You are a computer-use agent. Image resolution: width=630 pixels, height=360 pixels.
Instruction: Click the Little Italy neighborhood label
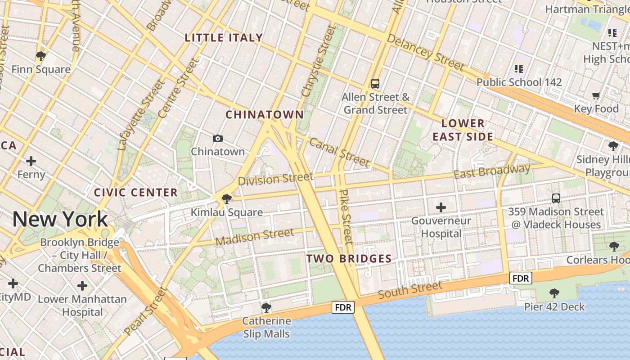click(224, 38)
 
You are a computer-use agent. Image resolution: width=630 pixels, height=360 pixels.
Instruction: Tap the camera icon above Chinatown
click(218, 138)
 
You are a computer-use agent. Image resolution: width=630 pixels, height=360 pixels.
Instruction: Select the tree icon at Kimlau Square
click(227, 198)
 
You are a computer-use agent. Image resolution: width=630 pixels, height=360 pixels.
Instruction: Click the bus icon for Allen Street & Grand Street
click(375, 83)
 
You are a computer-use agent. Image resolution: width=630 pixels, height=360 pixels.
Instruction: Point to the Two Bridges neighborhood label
click(349, 258)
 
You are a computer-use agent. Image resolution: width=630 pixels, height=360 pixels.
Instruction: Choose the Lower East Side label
click(463, 130)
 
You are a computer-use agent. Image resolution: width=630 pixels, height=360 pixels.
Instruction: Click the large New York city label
click(60, 219)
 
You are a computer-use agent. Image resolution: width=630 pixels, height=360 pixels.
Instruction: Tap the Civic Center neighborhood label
click(136, 193)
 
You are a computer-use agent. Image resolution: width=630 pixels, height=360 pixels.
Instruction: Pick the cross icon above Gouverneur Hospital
click(441, 207)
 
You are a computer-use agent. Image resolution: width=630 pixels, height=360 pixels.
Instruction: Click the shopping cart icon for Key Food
click(596, 95)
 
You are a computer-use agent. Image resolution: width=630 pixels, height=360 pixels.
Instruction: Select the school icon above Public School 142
click(519, 68)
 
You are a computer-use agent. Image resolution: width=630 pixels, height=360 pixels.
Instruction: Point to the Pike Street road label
click(345, 216)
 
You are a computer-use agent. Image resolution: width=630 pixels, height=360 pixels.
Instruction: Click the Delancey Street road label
click(425, 53)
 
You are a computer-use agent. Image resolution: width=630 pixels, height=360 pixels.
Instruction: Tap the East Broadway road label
click(492, 171)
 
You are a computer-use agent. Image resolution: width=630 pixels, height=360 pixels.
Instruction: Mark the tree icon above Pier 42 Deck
click(554, 293)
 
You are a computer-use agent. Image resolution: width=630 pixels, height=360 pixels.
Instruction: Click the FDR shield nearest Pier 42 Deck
click(521, 278)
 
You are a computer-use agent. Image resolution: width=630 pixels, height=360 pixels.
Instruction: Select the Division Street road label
click(275, 179)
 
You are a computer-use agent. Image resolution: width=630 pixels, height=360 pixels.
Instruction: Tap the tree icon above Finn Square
click(41, 56)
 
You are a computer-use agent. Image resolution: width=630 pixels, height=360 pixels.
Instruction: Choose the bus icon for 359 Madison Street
click(556, 198)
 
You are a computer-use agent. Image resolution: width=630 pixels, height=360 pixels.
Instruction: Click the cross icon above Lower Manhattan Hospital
click(82, 285)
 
